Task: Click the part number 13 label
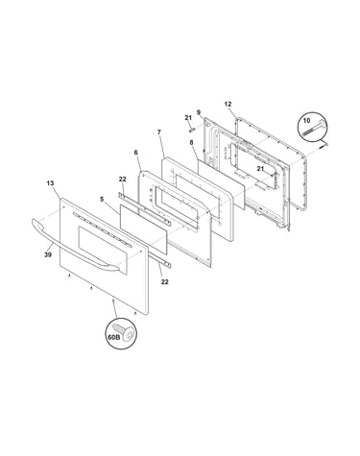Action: pos(50,183)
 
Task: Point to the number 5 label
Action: pos(102,200)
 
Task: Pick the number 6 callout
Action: pos(135,153)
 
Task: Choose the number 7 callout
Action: pos(158,132)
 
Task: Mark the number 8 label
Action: pos(191,143)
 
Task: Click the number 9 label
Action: pos(199,112)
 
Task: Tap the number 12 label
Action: pos(228,105)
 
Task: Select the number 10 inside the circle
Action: pos(306,121)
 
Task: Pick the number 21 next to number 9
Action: pos(188,118)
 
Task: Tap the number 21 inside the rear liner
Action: pos(260,169)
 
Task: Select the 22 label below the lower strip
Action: pos(164,282)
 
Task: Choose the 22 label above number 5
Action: pos(123,180)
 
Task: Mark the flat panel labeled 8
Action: pos(222,183)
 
